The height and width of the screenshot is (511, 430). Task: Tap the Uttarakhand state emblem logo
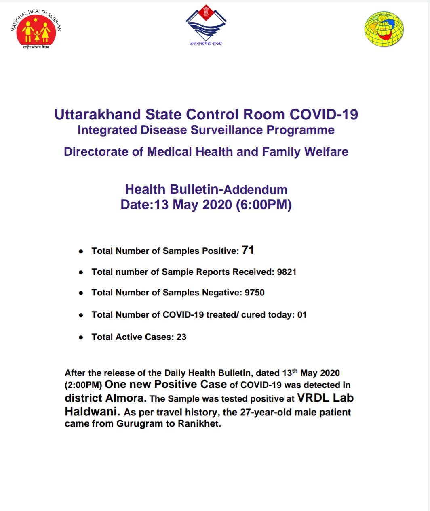click(206, 25)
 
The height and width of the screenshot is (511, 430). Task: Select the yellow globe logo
click(384, 29)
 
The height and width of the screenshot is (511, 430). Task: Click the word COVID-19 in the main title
click(324, 115)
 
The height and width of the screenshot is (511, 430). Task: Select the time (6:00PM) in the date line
click(264, 205)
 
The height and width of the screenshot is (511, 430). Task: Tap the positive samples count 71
click(248, 250)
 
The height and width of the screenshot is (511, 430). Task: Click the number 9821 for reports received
click(287, 272)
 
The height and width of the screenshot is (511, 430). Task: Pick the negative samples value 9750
click(255, 293)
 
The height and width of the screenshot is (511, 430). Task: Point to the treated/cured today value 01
click(302, 315)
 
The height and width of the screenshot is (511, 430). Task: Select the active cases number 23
click(181, 337)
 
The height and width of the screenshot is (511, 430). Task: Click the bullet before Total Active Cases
click(81, 337)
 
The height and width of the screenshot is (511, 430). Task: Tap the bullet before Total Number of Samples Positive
click(81, 251)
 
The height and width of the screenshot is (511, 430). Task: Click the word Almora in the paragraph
click(125, 398)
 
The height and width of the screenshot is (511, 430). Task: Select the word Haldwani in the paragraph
click(92, 412)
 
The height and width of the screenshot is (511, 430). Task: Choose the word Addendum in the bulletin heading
click(255, 190)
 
